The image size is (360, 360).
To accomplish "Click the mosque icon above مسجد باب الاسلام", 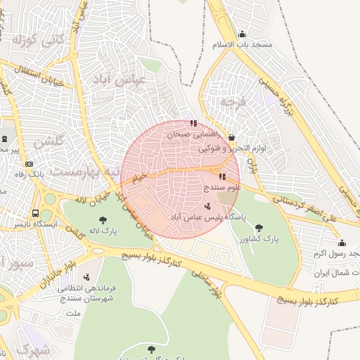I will point(243,34).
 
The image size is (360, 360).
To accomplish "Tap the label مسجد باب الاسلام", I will point(242,45).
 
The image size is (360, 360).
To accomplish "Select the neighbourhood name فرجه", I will point(235,102).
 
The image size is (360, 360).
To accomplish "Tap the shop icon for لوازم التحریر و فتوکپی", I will point(232,138).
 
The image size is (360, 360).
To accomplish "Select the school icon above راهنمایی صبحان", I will point(193,124).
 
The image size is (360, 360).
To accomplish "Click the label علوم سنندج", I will point(223,188).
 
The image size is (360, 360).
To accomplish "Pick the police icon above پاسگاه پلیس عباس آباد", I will point(207,207).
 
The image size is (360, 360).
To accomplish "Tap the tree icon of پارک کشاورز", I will point(259,227).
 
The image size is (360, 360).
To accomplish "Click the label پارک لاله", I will point(103,231).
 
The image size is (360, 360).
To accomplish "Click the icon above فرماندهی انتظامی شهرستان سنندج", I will point(86,276).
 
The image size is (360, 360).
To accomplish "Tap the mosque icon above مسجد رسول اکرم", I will point(342,243).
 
